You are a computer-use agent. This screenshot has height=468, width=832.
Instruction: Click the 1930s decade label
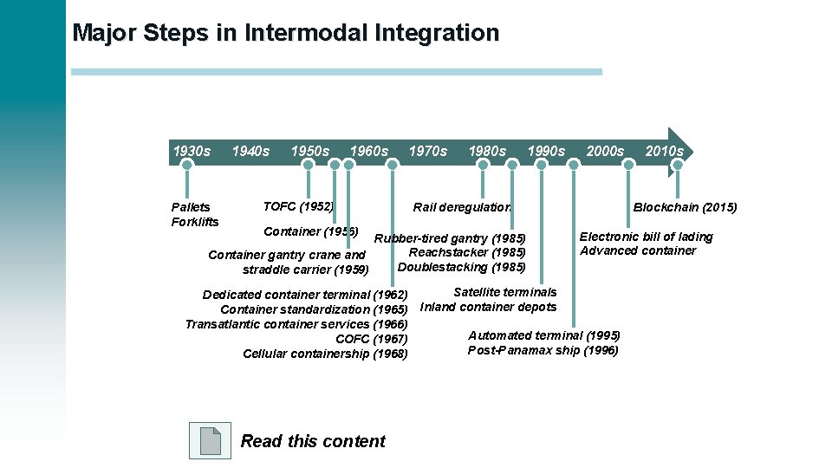pyautogui.click(x=192, y=151)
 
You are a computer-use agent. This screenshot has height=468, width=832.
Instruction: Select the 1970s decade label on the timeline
pyautogui.click(x=428, y=151)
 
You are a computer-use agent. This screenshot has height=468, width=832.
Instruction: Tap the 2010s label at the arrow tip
pyautogui.click(x=664, y=151)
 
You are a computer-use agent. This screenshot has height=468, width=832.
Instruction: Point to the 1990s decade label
pyautogui.click(x=546, y=151)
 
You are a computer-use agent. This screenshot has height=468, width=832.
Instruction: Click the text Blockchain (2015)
pyautogui.click(x=685, y=207)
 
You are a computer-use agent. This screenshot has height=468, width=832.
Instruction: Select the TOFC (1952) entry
pyautogui.click(x=298, y=206)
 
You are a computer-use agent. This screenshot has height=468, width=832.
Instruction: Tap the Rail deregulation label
pyautogui.click(x=462, y=207)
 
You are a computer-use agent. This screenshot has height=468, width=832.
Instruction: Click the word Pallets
pyautogui.click(x=191, y=207)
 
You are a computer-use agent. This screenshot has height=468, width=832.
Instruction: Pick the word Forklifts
pyautogui.click(x=195, y=222)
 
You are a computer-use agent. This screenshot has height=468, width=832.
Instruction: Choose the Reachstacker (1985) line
pyautogui.click(x=467, y=252)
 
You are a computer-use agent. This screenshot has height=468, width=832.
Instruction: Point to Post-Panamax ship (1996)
pyautogui.click(x=543, y=350)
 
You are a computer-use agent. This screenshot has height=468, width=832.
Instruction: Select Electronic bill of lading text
pyautogui.click(x=646, y=237)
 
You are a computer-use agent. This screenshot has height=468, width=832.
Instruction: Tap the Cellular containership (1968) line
pyautogui.click(x=325, y=354)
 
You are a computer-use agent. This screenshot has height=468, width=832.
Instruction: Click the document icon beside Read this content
pyautogui.click(x=210, y=440)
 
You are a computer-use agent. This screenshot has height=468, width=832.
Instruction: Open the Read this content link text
pyautogui.click(x=313, y=441)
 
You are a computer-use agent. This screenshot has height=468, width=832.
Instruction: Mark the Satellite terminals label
pyautogui.click(x=505, y=292)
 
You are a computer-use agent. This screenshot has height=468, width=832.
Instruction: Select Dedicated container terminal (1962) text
pyautogui.click(x=305, y=295)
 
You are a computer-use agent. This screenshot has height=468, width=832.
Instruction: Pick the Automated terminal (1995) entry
pyautogui.click(x=544, y=335)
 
